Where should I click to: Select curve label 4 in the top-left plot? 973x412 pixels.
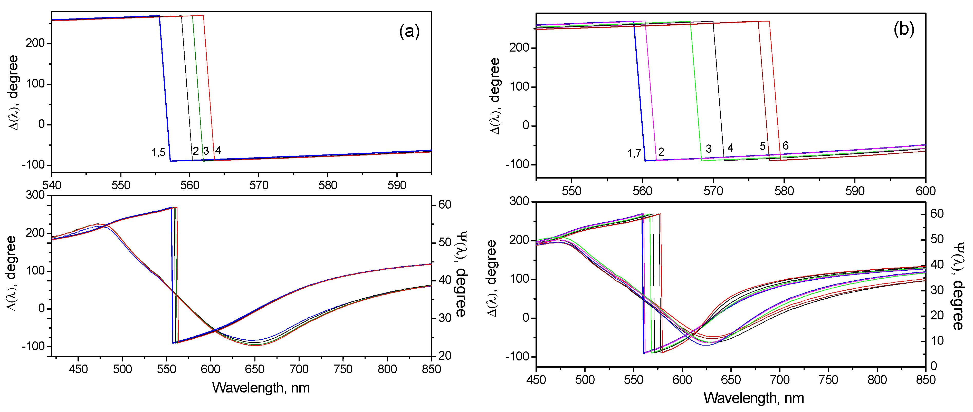tap(218, 151)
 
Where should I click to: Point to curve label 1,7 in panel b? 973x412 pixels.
tap(634, 153)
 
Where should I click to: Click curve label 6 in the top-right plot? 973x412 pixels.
tap(785, 146)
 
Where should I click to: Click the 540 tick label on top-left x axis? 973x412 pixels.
tap(52, 185)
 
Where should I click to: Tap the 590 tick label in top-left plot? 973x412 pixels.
tap(397, 185)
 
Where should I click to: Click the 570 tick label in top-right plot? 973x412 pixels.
tap(713, 191)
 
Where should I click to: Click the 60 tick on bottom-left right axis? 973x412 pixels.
tap(445, 204)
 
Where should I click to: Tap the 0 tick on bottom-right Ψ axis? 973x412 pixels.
tap(934, 366)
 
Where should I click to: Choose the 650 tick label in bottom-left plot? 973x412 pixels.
tap(255, 369)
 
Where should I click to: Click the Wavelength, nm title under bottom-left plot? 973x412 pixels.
tap(261, 388)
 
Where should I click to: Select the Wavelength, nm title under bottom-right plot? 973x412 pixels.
tap(753, 398)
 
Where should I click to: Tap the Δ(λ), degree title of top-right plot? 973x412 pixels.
tap(495, 96)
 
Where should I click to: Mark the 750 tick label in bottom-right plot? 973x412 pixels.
tap(828, 380)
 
